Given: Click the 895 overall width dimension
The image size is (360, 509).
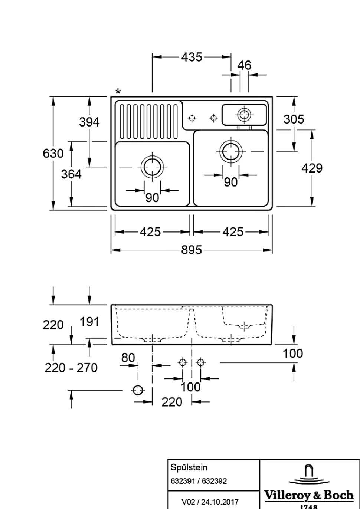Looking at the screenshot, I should tap(192, 250).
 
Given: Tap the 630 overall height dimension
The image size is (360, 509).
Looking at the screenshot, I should tap(53, 153).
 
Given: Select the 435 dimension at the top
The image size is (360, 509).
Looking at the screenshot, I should tap(192, 57).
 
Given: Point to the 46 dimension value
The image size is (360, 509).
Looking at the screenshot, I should tap(244, 65).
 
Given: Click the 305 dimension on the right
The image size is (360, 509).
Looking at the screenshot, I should tap(294, 119).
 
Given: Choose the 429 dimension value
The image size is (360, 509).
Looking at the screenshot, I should tap(312, 168).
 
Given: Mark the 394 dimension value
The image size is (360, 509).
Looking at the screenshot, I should tap(89, 122).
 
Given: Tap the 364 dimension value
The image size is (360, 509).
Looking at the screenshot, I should tap(71, 174).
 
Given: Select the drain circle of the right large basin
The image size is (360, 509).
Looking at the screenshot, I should tap(231, 151).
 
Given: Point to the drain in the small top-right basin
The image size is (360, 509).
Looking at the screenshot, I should tap(244, 114).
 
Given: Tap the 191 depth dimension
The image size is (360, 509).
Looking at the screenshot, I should tap(89, 322).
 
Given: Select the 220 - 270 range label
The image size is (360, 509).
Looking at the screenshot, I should tap(71, 368).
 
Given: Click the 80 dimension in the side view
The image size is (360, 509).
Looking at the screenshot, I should tap(128, 358).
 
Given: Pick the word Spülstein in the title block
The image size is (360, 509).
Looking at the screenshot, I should tap(189, 467).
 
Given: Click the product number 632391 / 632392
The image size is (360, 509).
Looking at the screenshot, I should tap(199, 481).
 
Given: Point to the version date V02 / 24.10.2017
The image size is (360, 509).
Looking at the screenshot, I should tap(210, 502).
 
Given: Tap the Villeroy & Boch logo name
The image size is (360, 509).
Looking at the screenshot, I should tap(309, 495).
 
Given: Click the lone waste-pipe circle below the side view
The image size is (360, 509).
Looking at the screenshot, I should tap(138, 390).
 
